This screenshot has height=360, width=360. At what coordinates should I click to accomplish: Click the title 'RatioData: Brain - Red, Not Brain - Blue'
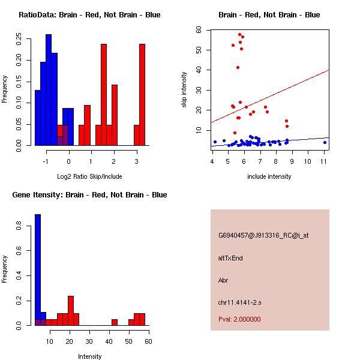coord(89,15)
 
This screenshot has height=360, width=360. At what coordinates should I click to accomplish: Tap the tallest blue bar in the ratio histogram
coord(49,90)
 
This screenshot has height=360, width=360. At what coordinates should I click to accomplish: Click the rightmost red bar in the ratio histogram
coord(142,94)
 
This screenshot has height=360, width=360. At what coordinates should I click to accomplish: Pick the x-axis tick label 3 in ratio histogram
coord(136,161)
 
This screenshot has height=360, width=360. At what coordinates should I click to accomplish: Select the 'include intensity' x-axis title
coord(269,176)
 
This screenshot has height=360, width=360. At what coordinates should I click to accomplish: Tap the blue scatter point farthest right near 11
coord(325,142)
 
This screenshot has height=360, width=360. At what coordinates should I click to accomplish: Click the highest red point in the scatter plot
coord(239,35)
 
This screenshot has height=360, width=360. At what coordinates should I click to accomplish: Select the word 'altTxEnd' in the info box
coord(230,258)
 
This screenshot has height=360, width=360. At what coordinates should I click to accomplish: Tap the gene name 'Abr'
coord(223,280)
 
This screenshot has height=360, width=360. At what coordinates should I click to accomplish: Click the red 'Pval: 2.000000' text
coord(239,319)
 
